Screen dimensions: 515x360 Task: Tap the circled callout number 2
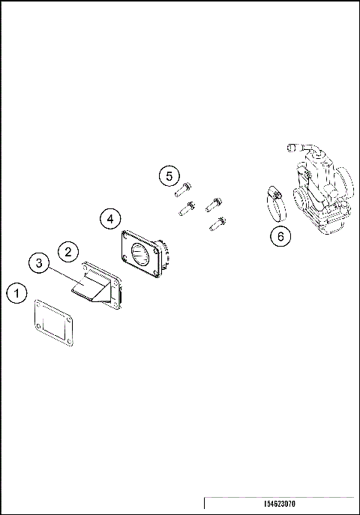[x=67, y=251]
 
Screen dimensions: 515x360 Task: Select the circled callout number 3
[x=40, y=263]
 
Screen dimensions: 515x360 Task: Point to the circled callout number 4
[x=110, y=218]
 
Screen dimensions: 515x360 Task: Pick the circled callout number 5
[x=169, y=176]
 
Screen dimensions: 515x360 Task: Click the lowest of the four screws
[x=217, y=223]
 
